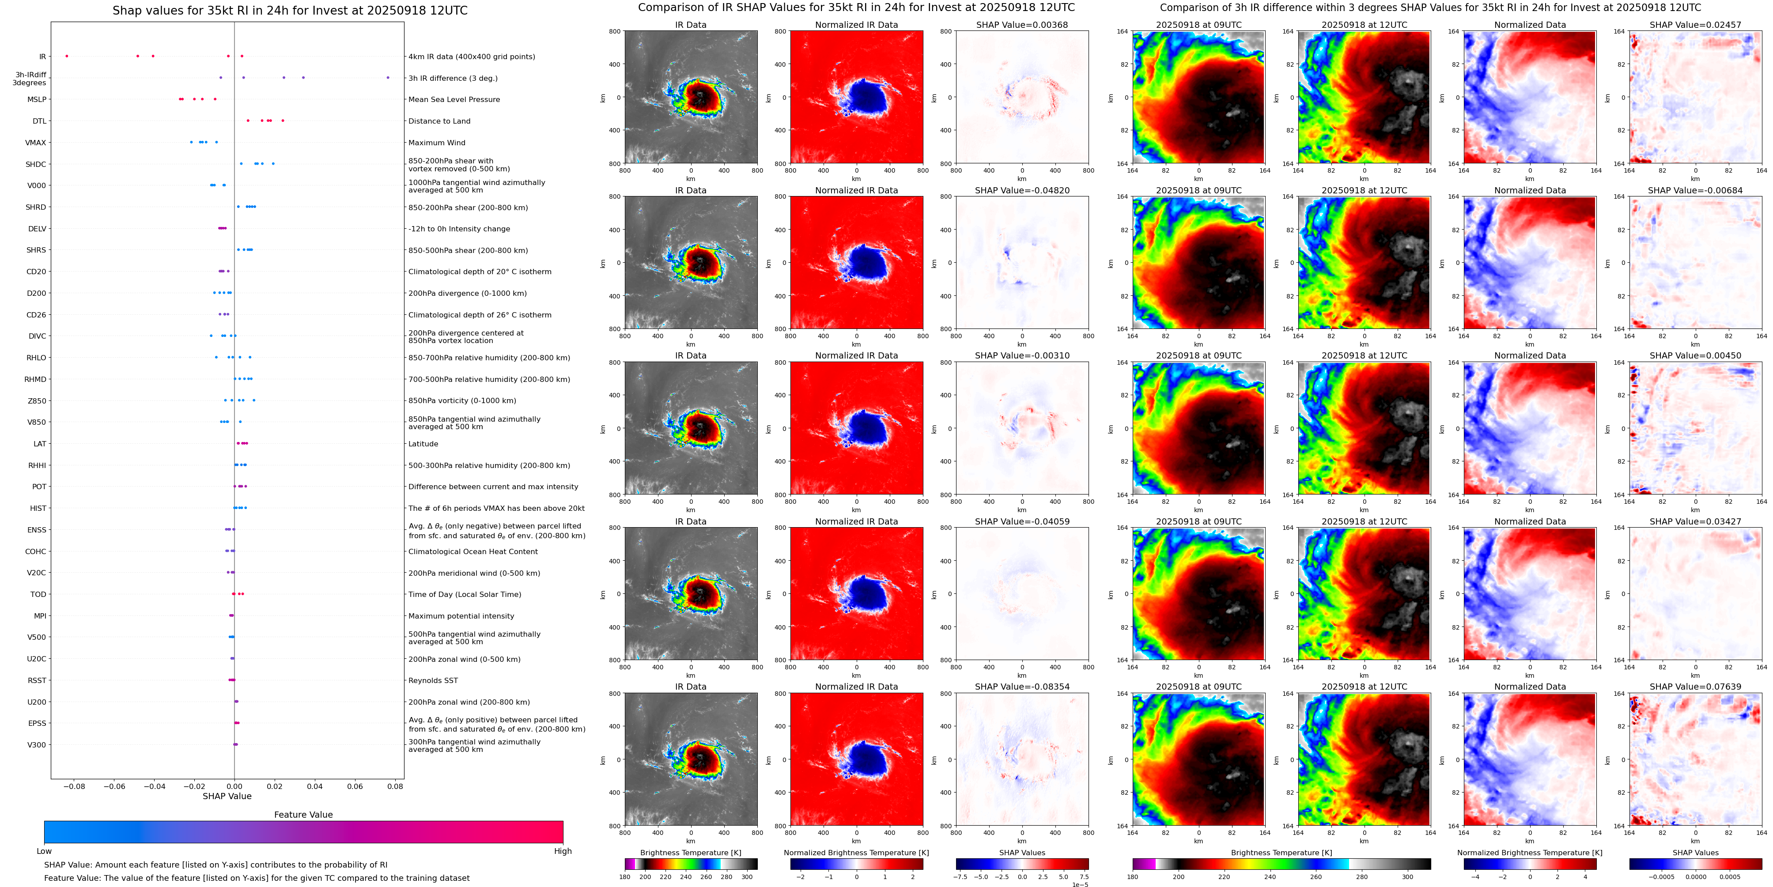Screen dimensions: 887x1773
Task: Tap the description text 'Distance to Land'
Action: (x=439, y=121)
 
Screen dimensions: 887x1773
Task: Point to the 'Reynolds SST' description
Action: (x=433, y=680)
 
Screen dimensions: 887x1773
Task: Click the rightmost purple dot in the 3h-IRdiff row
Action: (x=388, y=78)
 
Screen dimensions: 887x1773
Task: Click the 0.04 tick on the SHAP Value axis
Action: (x=314, y=786)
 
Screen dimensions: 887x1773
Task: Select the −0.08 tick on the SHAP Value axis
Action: (x=74, y=786)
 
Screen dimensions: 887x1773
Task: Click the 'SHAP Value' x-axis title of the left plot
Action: (x=227, y=796)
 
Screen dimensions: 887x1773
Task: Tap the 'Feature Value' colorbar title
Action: (x=303, y=815)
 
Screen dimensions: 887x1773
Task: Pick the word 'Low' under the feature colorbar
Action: (x=44, y=851)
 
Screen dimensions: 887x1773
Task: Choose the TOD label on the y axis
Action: (x=38, y=595)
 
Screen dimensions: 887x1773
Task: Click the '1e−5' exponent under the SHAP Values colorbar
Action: (x=1080, y=884)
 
